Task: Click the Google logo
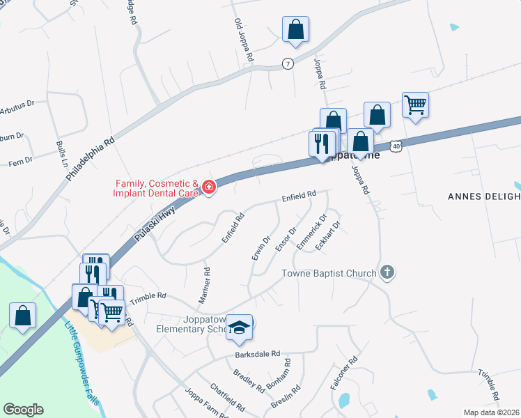[x=24, y=410]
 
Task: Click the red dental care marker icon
[x=208, y=187]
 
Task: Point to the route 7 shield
[x=288, y=63]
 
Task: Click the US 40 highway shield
[x=396, y=146]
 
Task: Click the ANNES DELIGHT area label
[x=483, y=196]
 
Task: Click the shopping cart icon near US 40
[x=415, y=104]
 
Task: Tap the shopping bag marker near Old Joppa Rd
[x=295, y=29]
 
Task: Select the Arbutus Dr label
[x=17, y=106]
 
